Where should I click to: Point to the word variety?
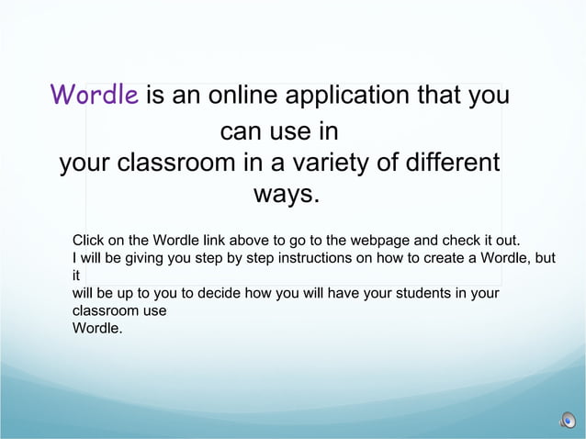[x=341, y=164]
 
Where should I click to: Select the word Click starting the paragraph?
[x=89, y=241]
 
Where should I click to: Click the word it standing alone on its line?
[x=76, y=276]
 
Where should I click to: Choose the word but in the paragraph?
[x=545, y=258]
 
